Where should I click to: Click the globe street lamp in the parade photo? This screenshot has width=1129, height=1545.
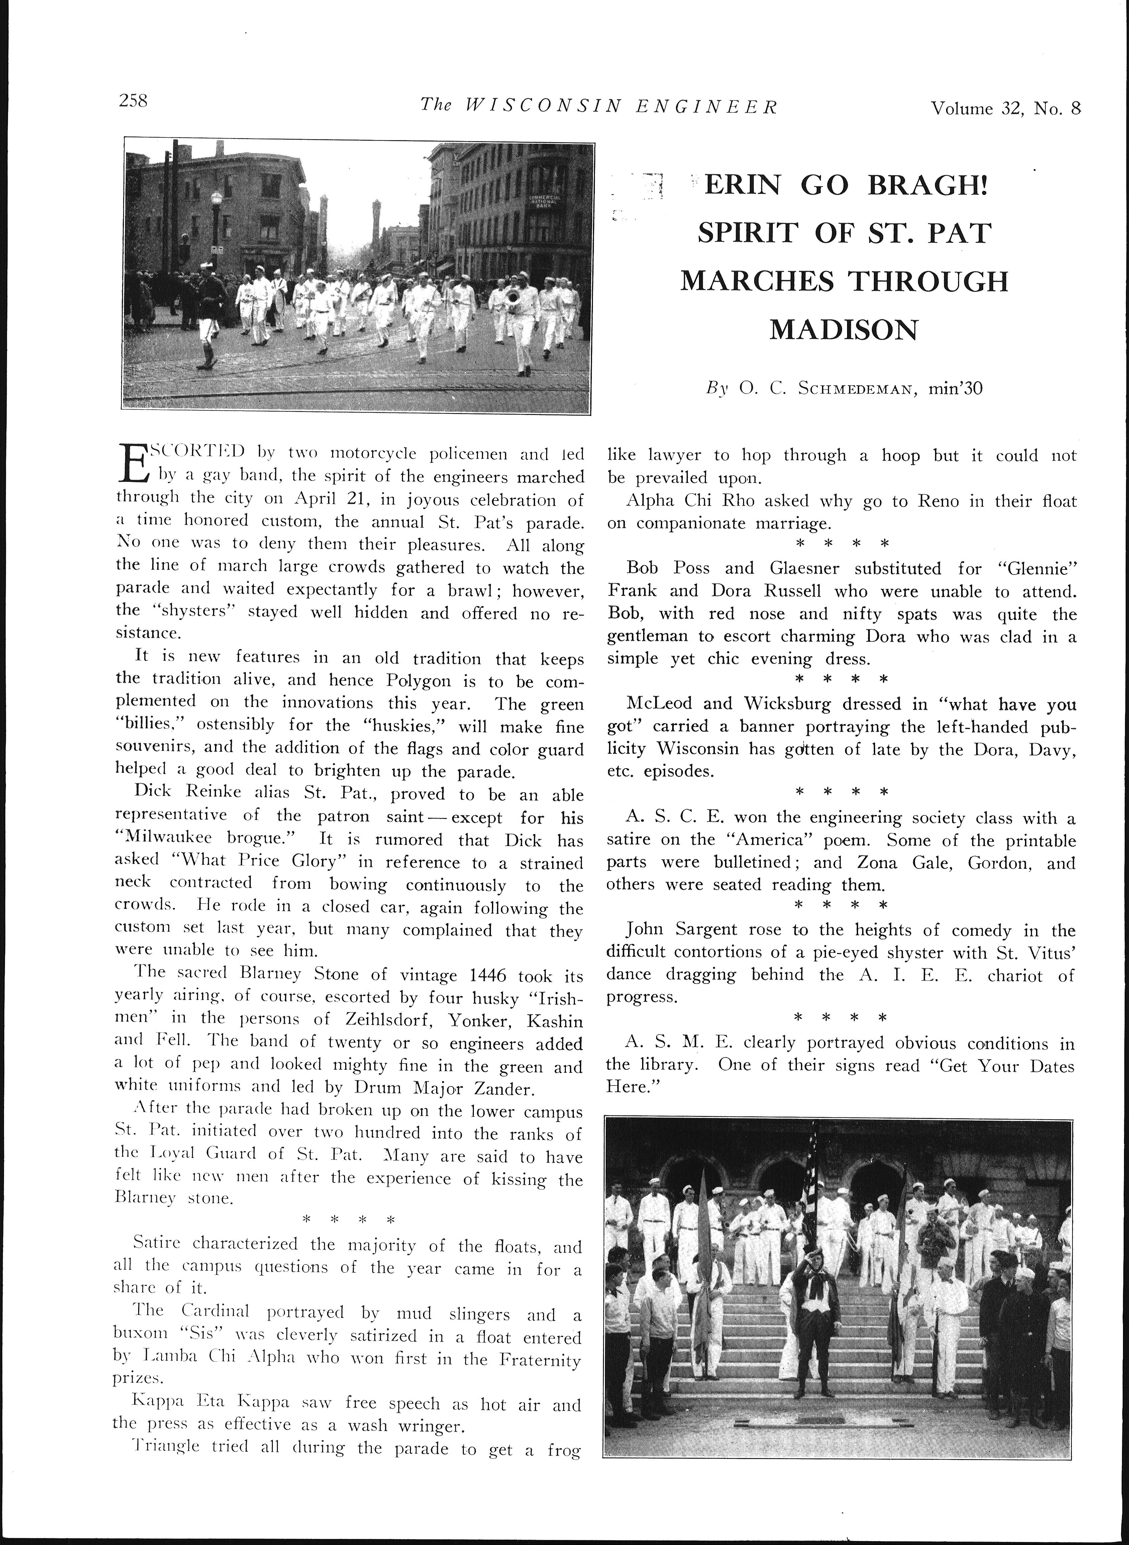pyautogui.click(x=217, y=200)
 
